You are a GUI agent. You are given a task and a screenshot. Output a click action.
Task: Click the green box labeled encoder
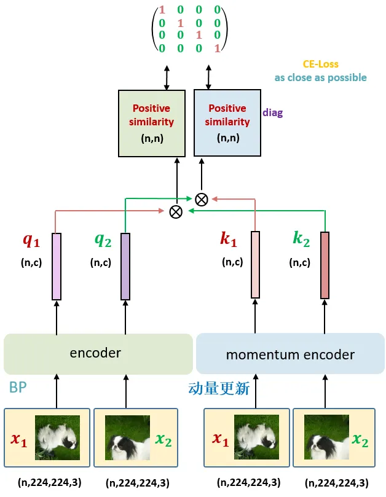point(98,353)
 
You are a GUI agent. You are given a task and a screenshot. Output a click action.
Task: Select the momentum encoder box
point(290,354)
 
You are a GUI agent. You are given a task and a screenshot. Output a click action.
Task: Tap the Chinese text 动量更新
point(218,388)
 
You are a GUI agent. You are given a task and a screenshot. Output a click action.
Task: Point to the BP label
point(18,388)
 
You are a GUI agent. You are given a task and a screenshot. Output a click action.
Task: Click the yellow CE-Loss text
point(320,64)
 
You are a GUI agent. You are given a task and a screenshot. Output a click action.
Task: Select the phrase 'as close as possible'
point(320,78)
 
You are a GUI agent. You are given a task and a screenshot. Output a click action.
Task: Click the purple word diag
point(272,113)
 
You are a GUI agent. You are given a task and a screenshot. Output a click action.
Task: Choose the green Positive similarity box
point(151,123)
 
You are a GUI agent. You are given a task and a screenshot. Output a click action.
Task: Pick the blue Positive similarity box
point(227,123)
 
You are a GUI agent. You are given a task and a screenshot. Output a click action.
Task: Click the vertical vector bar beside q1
point(57,267)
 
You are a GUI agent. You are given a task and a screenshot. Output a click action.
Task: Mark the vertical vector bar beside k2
point(325,265)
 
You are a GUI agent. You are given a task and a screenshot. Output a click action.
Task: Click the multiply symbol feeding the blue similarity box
point(201,198)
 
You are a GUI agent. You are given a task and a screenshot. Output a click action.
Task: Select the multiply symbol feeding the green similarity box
point(176,212)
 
